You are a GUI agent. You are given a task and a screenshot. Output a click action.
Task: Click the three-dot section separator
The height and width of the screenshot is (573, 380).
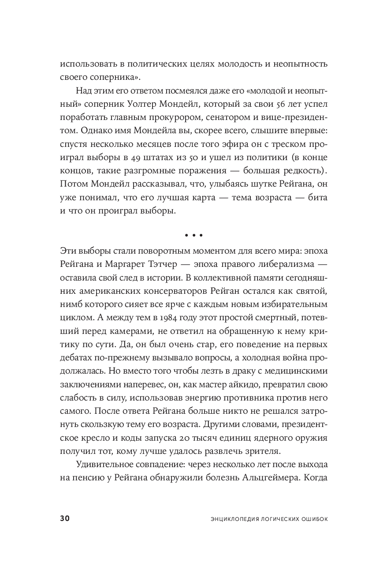(x=193, y=236)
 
